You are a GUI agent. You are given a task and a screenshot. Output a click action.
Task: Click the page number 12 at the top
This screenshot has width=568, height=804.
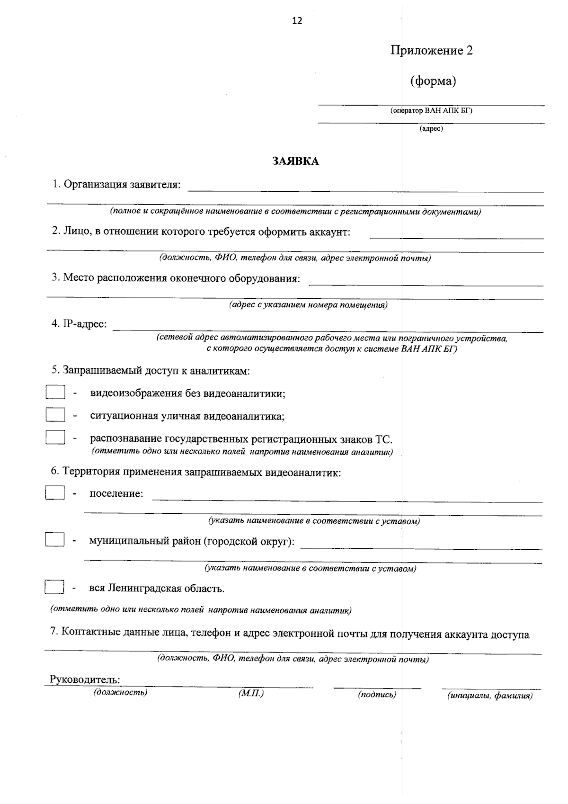[297, 20]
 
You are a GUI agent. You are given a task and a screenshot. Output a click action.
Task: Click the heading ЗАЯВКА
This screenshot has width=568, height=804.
[296, 161]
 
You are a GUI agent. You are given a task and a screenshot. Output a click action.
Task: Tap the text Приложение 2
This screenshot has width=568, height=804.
[431, 50]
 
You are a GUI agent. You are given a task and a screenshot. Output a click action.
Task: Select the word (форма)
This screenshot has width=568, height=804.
[433, 81]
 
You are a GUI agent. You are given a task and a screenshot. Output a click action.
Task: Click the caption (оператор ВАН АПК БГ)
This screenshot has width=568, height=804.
[431, 111]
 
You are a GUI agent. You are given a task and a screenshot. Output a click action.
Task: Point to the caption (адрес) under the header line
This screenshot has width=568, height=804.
[431, 128]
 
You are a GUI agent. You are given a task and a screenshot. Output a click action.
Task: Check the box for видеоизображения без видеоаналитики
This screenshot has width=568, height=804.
[55, 393]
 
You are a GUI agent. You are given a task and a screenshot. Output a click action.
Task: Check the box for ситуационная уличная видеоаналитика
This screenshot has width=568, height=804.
[55, 415]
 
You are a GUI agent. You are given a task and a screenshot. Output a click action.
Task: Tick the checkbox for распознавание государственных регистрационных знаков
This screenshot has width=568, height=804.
[55, 437]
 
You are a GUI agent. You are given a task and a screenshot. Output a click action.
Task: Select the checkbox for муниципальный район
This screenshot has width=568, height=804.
[55, 540]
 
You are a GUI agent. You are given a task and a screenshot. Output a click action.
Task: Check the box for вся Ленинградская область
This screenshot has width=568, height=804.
[54, 587]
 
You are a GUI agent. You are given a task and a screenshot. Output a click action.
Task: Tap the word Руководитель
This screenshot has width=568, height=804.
[85, 679]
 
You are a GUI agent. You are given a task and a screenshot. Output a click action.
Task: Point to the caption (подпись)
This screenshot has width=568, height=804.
[377, 695]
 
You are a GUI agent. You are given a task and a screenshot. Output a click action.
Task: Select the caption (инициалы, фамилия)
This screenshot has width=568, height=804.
[490, 696]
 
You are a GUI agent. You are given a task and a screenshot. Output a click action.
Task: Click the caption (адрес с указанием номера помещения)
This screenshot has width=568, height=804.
[308, 305]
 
